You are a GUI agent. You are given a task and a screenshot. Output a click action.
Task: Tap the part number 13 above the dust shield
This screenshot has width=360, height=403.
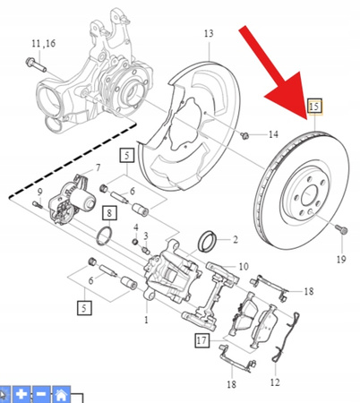click(x=208, y=34)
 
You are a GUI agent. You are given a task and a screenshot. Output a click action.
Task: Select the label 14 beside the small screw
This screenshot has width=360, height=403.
click(x=272, y=135)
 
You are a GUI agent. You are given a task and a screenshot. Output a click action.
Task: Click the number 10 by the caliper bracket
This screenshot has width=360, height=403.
click(x=243, y=266)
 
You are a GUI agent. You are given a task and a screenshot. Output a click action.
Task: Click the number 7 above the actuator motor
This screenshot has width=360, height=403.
click(x=98, y=168)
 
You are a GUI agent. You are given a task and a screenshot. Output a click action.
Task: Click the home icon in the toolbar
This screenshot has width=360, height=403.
click(x=61, y=393)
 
